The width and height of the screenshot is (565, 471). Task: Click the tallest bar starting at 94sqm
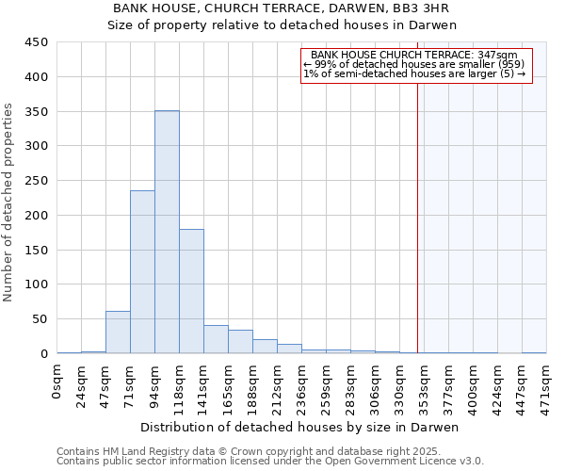[167, 232]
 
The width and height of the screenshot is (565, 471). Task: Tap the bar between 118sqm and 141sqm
[191, 291]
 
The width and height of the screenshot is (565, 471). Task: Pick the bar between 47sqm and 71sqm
[118, 333]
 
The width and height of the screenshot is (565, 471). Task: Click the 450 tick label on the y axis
[37, 42]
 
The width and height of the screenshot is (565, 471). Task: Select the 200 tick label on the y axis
[37, 216]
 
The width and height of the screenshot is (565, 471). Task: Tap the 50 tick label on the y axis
[40, 319]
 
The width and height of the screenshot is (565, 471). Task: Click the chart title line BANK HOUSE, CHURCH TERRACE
[282, 8]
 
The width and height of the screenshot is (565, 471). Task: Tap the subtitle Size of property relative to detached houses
[282, 25]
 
